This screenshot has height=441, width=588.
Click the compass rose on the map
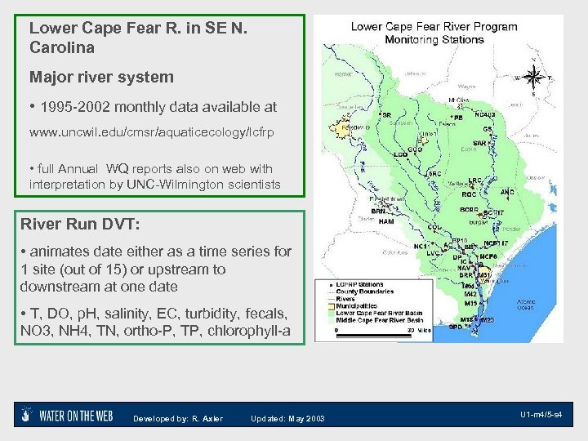(x=535, y=79)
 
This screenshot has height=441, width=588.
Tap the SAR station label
(x=481, y=143)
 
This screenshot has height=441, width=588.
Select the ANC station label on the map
(x=507, y=193)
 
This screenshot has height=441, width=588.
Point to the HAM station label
(x=386, y=221)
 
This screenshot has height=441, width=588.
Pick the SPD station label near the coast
(x=454, y=327)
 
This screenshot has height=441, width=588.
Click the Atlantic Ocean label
(x=526, y=305)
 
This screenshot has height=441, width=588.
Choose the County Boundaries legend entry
(x=363, y=292)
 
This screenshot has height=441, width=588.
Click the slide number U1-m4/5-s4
(x=541, y=415)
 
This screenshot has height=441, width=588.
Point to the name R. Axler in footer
(x=207, y=419)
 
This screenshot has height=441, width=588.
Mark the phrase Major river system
(x=101, y=78)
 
